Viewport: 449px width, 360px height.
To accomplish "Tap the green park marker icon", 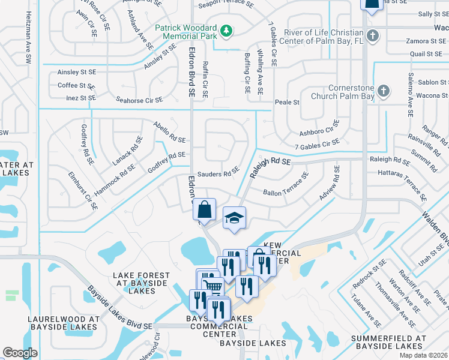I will pyautogui.click(x=226, y=30).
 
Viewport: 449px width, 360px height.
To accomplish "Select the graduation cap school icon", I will pyautogui.click(x=235, y=218).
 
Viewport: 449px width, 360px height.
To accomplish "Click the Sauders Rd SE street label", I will pyautogui.click(x=218, y=174).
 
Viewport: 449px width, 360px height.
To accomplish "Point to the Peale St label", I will pyautogui.click(x=287, y=102).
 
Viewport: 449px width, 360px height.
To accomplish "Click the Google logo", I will pyautogui.click(x=20, y=353).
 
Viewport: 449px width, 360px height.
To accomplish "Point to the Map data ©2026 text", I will pyautogui.click(x=423, y=355).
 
